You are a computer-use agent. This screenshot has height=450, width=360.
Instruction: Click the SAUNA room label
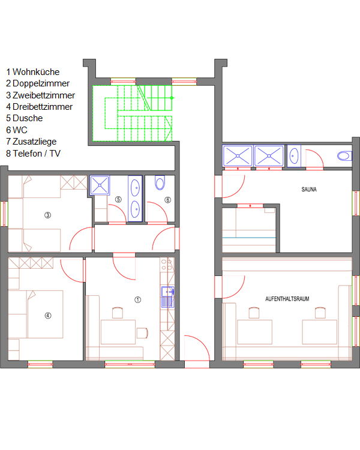pyautogui.click(x=309, y=190)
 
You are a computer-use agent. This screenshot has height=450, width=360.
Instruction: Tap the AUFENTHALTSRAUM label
pyautogui.click(x=287, y=299)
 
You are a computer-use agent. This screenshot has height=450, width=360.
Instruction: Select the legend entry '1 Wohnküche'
pyautogui.click(x=33, y=72)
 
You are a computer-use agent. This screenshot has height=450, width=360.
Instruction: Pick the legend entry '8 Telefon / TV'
pyautogui.click(x=34, y=153)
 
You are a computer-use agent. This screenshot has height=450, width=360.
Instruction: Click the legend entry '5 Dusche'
pyautogui.click(x=25, y=118)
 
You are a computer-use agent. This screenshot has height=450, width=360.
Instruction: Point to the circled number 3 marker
pyautogui.click(x=47, y=215)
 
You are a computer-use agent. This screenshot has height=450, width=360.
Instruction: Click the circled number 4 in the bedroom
pyautogui.click(x=47, y=316)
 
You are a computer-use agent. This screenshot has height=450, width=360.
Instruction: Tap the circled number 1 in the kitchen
pyautogui.click(x=138, y=300)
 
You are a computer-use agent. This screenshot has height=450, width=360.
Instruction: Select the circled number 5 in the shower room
pyautogui.click(x=118, y=199)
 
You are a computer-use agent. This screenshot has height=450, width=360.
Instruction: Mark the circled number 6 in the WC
pyautogui.click(x=167, y=200)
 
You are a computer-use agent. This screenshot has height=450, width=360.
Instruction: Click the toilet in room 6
pyautogui.click(x=160, y=182)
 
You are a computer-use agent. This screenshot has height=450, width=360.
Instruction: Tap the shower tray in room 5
pyautogui.click(x=100, y=185)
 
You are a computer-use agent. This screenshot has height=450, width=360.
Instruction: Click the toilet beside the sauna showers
pyautogui.click(x=344, y=156)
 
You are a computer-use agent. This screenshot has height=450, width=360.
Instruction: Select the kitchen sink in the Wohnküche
pyautogui.click(x=167, y=297)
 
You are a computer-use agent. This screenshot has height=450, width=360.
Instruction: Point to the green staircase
pyautogui.click(x=133, y=113)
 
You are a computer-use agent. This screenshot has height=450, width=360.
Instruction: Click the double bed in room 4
pyautogui.click(x=45, y=314)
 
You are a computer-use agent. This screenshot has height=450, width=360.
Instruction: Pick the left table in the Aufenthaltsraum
pyautogui.click(x=254, y=332)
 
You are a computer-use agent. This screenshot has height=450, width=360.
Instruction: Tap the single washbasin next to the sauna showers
pyautogui.click(x=294, y=157)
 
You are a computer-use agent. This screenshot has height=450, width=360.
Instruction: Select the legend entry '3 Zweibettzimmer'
pyautogui.click(x=40, y=95)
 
